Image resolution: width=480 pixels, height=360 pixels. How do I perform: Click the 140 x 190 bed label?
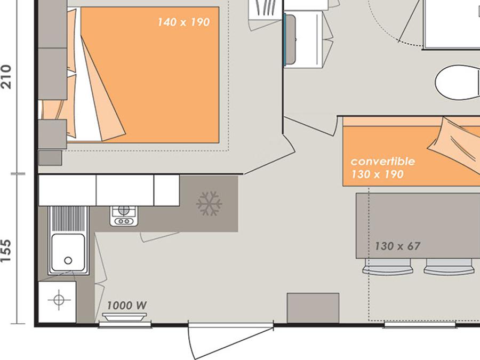pos(183,22)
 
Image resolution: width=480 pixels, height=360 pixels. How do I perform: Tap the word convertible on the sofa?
pos(382,161)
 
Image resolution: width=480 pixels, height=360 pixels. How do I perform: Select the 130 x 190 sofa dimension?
pos(378,174)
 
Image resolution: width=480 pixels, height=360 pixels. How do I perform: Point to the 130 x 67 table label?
pos(398,246)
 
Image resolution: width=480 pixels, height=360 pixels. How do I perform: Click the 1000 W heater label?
pos(127,305)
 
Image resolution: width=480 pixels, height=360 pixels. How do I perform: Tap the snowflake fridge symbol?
pos(209,204)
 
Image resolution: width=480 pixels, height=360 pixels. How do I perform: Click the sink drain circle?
pos(68,260)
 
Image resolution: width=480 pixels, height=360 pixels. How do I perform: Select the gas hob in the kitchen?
pos(124,216)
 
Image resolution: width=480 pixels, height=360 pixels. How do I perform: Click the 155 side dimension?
pos(6,251)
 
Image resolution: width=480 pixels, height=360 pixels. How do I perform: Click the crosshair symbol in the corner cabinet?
pos(59,299)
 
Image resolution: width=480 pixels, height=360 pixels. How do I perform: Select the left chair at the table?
pos(388,266)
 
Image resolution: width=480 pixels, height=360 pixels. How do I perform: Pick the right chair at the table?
pos(449,266)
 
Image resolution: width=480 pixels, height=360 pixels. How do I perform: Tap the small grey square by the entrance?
pos(313,308)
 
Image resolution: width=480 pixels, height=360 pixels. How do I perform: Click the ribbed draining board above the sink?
pos(68,218)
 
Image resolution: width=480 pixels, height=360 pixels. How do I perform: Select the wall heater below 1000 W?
pos(124,317)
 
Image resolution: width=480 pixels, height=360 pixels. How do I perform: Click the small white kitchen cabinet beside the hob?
pos(166,190)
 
